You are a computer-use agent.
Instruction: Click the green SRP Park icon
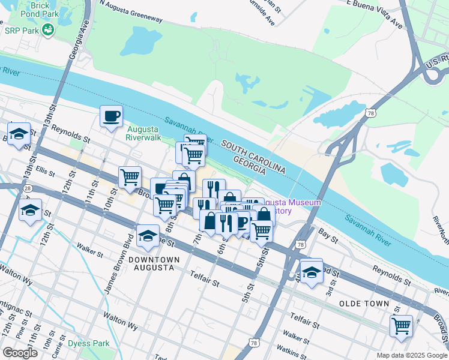pos(47,28)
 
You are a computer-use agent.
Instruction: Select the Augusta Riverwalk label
pos(143,133)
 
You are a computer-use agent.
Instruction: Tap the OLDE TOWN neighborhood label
pos(364,304)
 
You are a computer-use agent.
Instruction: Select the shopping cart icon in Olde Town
pos(401,327)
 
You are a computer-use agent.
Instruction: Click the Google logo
pos(20,353)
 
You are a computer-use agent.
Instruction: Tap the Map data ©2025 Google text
pos(411,355)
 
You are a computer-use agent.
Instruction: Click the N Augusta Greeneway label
pos(131,11)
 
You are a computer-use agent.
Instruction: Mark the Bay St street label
pos(328,232)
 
